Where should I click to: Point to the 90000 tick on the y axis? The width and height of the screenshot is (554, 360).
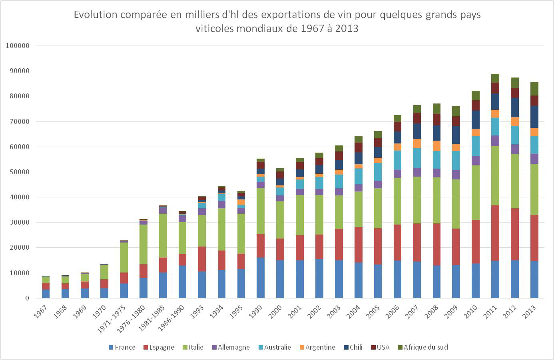click(x=18, y=71)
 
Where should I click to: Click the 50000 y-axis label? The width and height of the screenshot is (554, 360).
click(x=18, y=172)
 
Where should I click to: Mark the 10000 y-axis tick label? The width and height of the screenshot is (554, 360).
click(x=18, y=273)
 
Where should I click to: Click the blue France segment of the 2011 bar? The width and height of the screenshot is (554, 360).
click(x=495, y=280)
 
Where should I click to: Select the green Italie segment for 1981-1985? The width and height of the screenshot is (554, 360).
click(x=163, y=236)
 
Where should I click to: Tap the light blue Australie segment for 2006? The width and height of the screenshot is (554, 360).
click(x=397, y=160)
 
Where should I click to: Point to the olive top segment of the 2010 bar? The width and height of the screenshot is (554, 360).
click(x=475, y=95)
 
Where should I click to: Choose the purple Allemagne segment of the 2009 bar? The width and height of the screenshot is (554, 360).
click(x=456, y=175)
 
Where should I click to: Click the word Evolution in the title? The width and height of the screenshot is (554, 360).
click(x=96, y=15)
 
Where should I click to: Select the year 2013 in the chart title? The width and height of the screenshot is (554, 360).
click(x=347, y=28)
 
